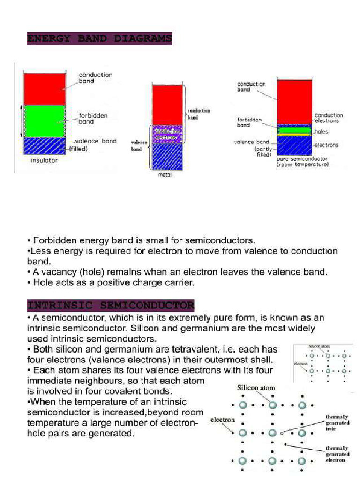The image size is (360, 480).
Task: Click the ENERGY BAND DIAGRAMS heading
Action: point(99,38)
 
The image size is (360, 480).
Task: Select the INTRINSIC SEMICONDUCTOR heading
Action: point(111,306)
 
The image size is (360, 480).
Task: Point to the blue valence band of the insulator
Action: point(45,146)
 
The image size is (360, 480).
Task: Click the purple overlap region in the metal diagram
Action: point(166,134)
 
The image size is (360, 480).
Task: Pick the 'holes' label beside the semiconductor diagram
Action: point(322,132)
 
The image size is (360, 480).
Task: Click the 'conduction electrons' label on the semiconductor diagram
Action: point(329,118)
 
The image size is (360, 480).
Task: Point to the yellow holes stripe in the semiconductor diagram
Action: point(294,132)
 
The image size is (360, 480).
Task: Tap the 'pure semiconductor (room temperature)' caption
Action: point(302,162)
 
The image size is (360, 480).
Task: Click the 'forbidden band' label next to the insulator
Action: point(93,118)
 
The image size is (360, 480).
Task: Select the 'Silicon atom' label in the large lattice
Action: point(255,388)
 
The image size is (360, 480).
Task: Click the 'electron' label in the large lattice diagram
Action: point(223,420)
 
